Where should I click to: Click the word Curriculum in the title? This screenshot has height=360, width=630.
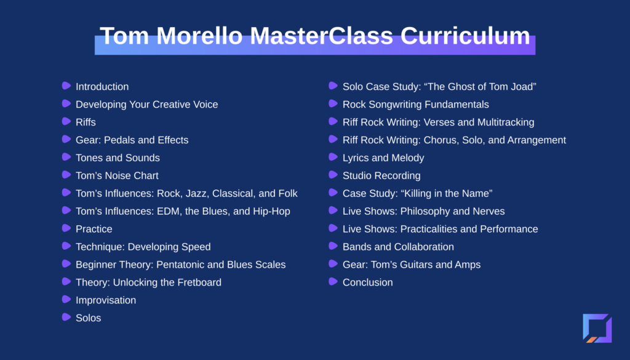coord(465,36)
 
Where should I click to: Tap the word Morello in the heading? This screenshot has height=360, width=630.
coord(199,36)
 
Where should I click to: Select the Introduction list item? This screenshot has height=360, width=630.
coord(102,87)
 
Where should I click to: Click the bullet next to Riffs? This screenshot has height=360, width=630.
coord(66,121)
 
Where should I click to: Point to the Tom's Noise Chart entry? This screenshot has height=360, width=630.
coord(117,175)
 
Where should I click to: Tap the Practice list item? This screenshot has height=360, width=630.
coord(94,229)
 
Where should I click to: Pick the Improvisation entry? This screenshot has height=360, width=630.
coord(106,300)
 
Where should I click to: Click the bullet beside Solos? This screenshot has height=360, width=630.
coord(66,317)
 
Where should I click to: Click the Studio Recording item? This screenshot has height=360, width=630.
coord(381,175)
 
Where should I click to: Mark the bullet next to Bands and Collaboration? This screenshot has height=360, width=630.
coord(333,246)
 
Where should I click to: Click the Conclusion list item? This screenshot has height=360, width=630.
coord(368,282)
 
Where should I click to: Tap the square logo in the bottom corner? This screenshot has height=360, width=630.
coord(597,328)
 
